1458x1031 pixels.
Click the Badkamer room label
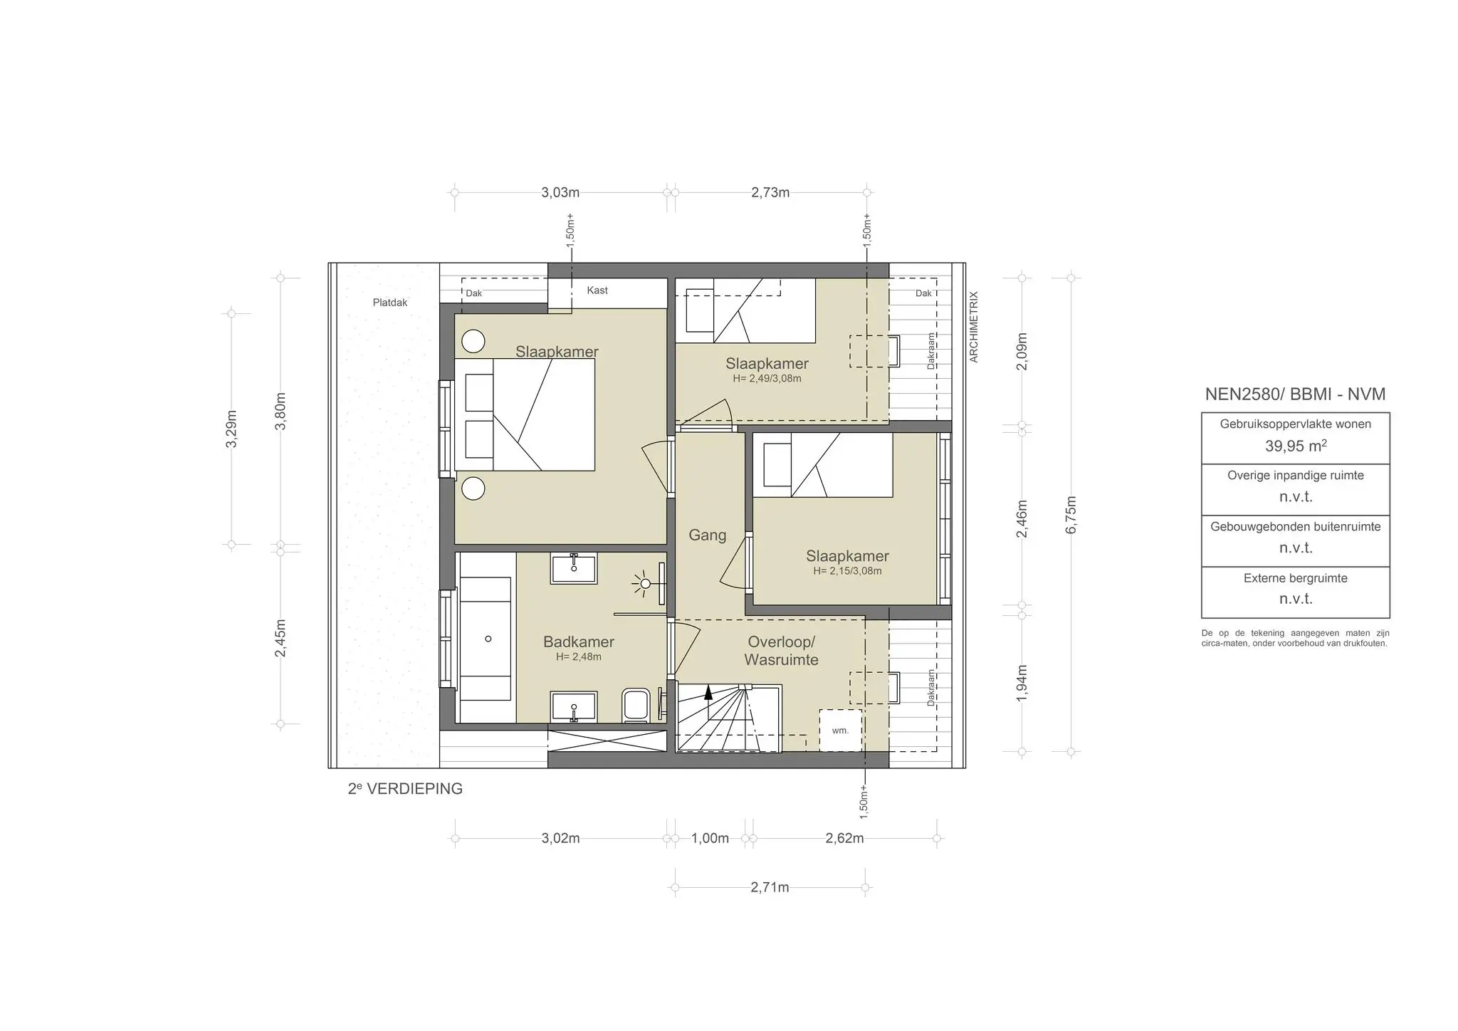tap(578, 642)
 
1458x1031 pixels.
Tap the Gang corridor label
tap(707, 535)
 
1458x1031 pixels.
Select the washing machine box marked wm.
tap(840, 730)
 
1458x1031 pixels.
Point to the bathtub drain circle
tap(488, 639)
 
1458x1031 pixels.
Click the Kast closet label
tap(597, 291)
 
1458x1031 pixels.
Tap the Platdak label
tap(390, 303)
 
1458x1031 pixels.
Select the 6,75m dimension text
tap(1071, 514)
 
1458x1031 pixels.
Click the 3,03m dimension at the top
tap(560, 192)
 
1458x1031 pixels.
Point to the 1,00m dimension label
tap(710, 839)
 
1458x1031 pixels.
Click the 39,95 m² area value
tap(1295, 446)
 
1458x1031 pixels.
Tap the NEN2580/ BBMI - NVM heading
tap(1295, 394)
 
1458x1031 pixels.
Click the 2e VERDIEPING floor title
tap(405, 789)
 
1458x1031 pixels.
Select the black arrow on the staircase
tap(708, 693)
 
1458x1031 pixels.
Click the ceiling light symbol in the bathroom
tap(645, 584)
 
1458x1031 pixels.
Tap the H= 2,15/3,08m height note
tap(847, 571)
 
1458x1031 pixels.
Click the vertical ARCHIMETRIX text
tap(975, 327)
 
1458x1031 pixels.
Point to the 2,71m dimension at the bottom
tap(770, 888)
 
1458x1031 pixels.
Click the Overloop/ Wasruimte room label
tap(781, 651)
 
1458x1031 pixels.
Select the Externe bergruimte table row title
tap(1295, 578)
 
